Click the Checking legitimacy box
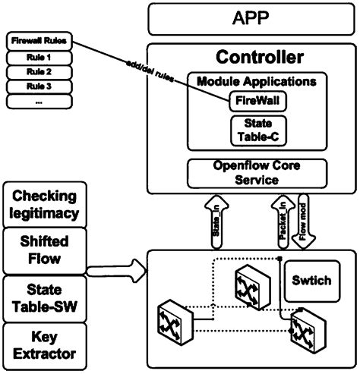(x=45, y=205)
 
